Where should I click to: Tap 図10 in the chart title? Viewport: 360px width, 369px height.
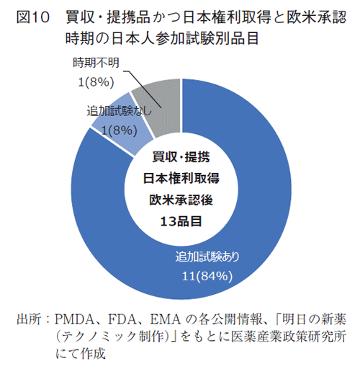[32, 16]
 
